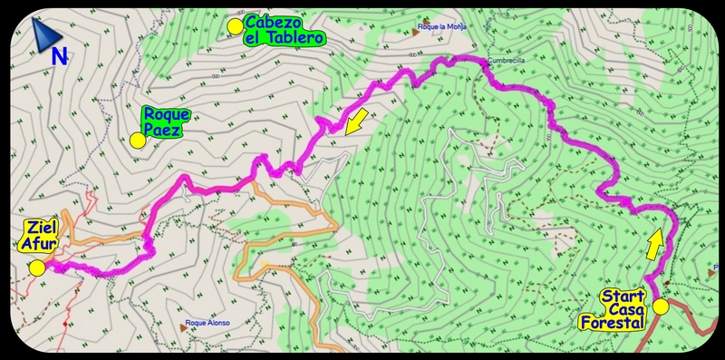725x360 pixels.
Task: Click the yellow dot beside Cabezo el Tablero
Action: tap(235, 25)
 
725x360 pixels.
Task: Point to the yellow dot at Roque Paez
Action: tap(137, 140)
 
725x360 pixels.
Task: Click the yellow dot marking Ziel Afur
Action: tap(37, 268)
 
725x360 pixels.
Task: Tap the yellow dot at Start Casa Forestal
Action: tap(661, 306)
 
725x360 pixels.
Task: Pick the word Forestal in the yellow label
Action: tap(614, 323)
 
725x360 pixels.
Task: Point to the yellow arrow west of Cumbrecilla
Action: tap(358, 119)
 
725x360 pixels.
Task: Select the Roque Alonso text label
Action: tap(208, 323)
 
